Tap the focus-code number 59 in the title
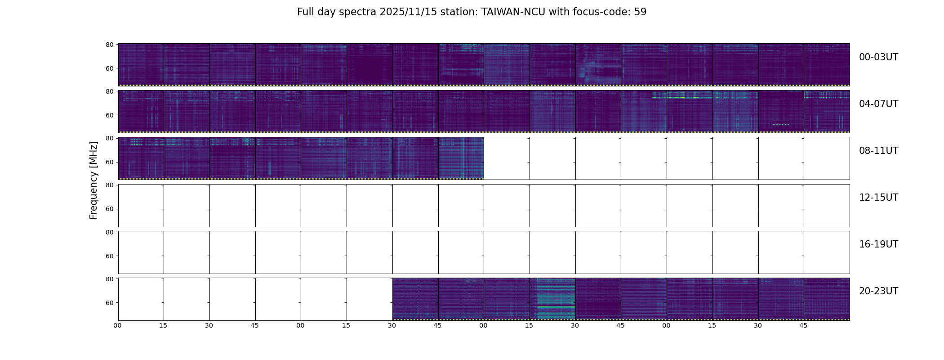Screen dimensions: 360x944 pos(640,12)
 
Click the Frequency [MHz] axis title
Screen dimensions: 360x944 pos(94,180)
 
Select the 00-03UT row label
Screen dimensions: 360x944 pos(878,57)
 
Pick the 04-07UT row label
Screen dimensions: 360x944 pos(878,104)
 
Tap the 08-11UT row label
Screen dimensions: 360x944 pos(878,151)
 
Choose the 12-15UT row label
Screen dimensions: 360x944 pos(878,198)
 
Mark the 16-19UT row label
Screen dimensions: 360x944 pos(878,244)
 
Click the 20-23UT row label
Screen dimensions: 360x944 pos(878,291)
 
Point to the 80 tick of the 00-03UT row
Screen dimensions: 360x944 pos(109,45)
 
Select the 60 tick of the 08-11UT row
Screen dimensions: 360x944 pos(109,162)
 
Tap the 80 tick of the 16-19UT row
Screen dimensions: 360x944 pos(109,232)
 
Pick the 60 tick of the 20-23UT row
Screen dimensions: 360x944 pos(109,303)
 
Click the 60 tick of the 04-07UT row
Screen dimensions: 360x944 pos(109,115)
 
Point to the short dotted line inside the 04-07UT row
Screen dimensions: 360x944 pos(781,125)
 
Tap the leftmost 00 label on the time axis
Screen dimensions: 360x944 pos(118,325)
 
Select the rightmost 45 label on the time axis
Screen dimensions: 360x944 pos(803,325)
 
